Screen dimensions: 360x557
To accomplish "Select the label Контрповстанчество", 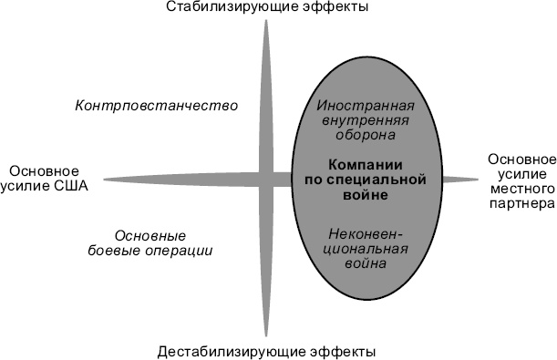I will pos(156,105).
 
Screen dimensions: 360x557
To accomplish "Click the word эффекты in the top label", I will pos(335,8).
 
